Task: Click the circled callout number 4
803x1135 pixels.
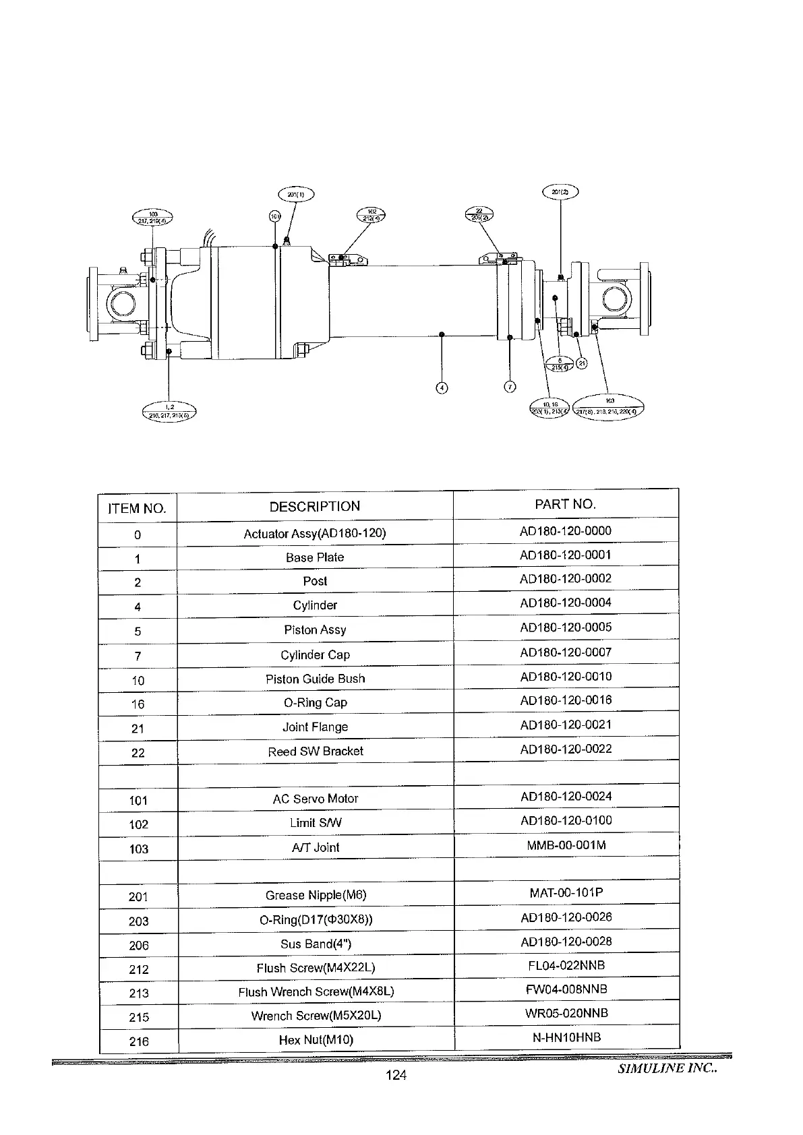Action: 442,388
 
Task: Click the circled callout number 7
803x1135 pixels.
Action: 510,387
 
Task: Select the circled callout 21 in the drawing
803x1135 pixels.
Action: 581,363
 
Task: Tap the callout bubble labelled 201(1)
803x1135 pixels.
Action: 296,195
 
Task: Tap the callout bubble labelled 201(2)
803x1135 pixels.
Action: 560,192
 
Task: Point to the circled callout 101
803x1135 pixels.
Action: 274,216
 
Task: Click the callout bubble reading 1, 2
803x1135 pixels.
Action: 169,411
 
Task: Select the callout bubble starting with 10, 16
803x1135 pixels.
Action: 551,408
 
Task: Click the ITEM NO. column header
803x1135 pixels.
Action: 137,508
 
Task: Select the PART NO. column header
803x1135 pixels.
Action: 565,504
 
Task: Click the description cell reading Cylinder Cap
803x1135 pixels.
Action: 315,654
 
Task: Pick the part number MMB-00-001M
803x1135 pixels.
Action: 566,845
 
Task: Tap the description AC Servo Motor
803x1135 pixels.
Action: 315,799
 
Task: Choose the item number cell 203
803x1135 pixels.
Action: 138,921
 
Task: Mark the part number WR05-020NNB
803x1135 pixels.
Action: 566,1013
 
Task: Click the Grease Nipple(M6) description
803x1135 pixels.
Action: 315,895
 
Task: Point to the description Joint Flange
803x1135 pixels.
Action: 315,727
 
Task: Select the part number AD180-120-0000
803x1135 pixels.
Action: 565,531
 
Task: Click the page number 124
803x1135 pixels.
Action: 396,1075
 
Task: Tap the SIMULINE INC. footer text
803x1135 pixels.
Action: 667,1068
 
